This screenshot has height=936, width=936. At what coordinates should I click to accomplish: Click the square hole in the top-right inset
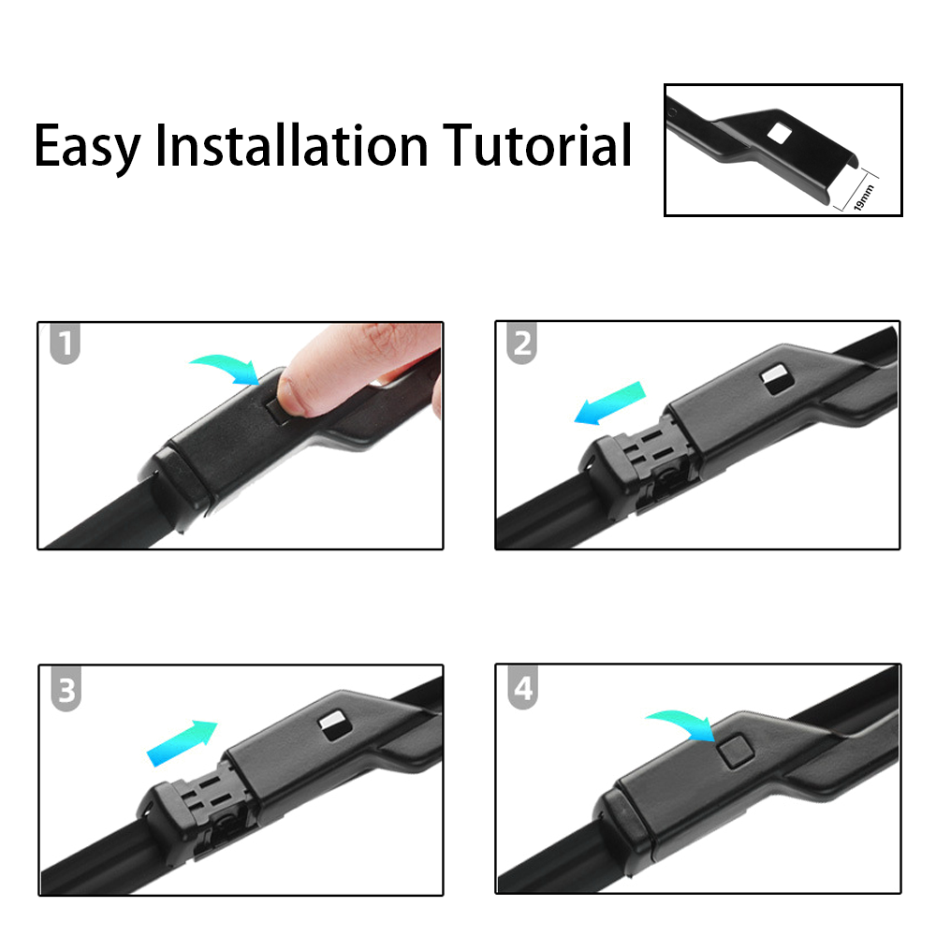pyautogui.click(x=776, y=132)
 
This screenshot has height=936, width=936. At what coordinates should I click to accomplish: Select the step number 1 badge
pyautogui.click(x=65, y=344)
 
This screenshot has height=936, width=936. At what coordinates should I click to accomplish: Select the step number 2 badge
pyautogui.click(x=522, y=344)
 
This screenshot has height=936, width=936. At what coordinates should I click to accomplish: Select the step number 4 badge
pyautogui.click(x=522, y=690)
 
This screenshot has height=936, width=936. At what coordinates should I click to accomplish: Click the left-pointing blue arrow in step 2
pyautogui.click(x=609, y=402)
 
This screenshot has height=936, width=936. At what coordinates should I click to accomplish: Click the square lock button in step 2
pyautogui.click(x=774, y=376)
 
